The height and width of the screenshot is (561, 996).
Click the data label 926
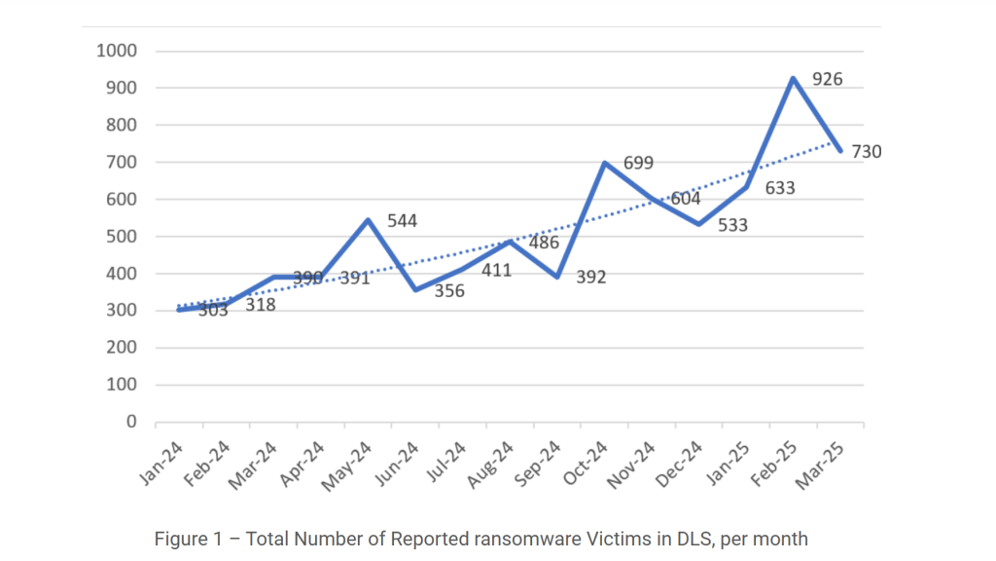coord(827,80)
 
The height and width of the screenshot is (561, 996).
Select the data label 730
coord(866,152)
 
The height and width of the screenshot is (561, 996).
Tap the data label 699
coord(638,163)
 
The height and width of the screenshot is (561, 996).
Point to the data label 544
coord(402,221)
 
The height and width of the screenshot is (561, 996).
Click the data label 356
coord(449,290)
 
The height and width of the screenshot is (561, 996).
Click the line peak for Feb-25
coord(794,78)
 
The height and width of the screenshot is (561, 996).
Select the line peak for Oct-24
coord(605,163)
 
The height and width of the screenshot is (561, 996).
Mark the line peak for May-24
coord(369,220)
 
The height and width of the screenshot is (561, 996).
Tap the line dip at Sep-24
coord(557,277)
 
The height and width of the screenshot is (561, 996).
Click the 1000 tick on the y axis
coord(117,51)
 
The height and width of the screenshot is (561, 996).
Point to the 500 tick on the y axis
coord(122,237)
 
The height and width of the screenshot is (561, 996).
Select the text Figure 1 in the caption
coord(189,539)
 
